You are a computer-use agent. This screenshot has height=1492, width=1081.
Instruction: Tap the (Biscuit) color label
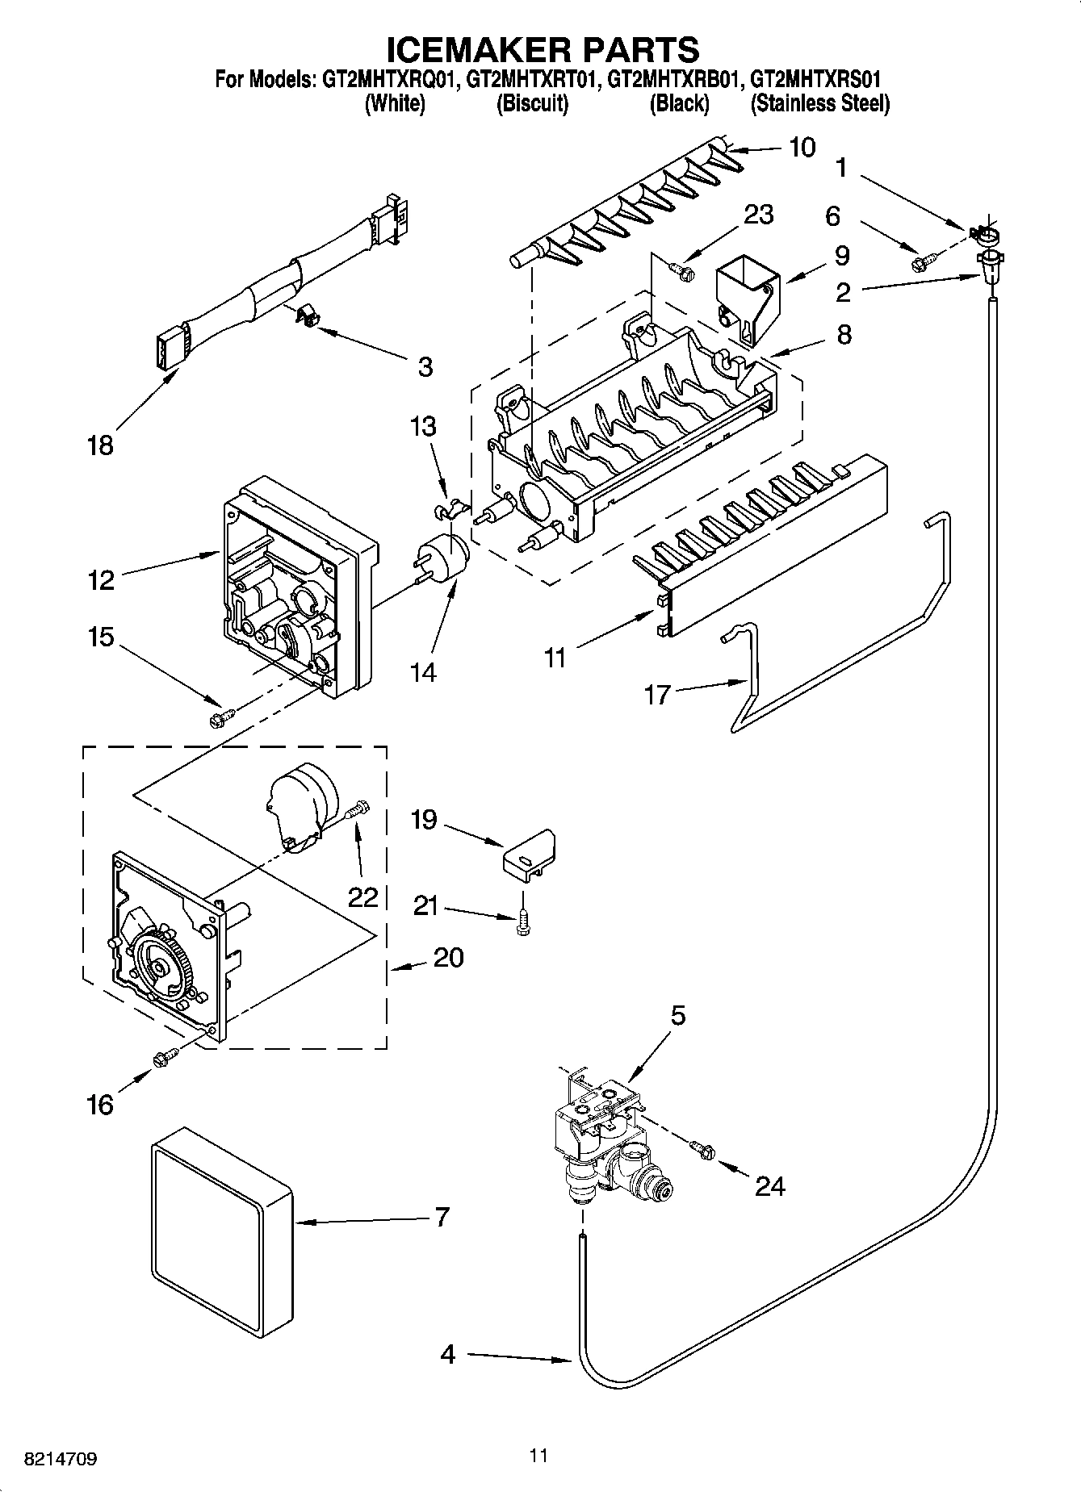(532, 103)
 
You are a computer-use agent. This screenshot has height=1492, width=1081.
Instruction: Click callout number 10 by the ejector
(802, 148)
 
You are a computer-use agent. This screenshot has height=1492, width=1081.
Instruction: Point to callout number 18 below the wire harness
(101, 445)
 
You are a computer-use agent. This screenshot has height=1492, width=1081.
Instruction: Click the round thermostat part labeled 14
(442, 558)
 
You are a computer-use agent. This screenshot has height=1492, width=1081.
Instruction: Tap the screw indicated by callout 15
(220, 717)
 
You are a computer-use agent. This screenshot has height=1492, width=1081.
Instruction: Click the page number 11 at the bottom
(539, 1455)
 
